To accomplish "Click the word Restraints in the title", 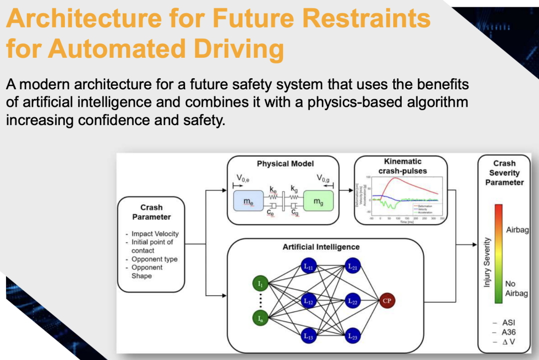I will click(x=366, y=19).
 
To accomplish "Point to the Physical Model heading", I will click(x=285, y=164).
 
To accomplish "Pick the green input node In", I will click(x=260, y=317).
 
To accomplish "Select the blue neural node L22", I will click(x=353, y=301).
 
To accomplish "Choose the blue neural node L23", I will click(x=353, y=336).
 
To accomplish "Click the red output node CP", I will click(x=386, y=301).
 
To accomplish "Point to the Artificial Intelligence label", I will click(x=321, y=247).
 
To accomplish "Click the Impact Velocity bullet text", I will click(x=155, y=233).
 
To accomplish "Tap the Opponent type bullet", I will click(x=154, y=259).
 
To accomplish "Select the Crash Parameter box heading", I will click(x=151, y=212).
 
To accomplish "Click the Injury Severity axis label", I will click(x=487, y=262).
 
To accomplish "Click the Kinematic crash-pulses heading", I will click(x=403, y=166).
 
